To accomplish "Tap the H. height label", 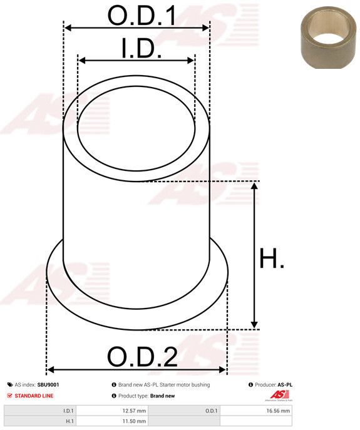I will pyautogui.click(x=271, y=259).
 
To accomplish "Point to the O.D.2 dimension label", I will pyautogui.click(x=142, y=357).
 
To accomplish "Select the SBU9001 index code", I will pyautogui.click(x=48, y=385).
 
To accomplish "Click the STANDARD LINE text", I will pyautogui.click(x=34, y=396).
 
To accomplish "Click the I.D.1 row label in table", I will pyautogui.click(x=68, y=411).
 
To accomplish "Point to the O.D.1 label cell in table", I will pyautogui.click(x=211, y=411).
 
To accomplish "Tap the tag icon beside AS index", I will pyautogui.click(x=9, y=385).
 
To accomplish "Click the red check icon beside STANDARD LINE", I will pyautogui.click(x=9, y=396).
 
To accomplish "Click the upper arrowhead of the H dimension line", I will pyautogui.click(x=254, y=186).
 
